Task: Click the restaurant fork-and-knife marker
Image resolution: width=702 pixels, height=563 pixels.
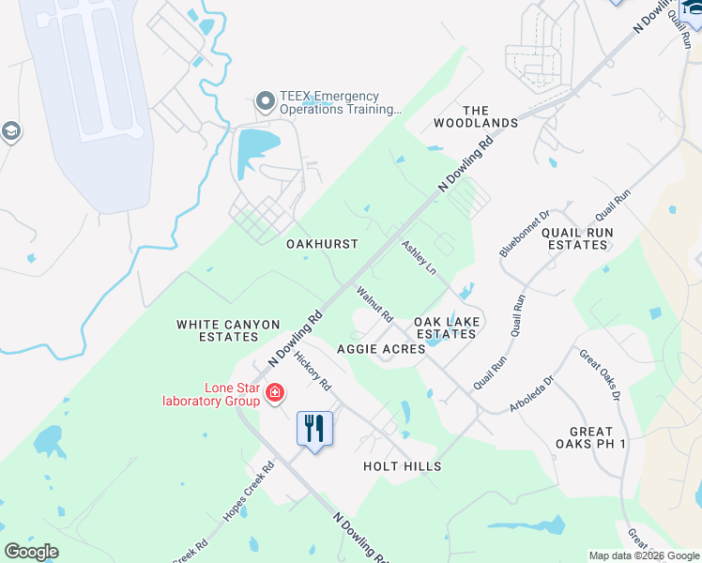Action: [314, 429]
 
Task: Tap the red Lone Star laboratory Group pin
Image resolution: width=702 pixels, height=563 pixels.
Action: [275, 392]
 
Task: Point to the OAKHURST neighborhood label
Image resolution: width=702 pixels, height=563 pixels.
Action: [322, 244]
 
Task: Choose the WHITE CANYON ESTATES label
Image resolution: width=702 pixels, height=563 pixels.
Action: [228, 330]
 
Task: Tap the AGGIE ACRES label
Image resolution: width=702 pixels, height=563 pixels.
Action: [374, 349]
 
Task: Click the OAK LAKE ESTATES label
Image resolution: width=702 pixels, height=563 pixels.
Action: [448, 327]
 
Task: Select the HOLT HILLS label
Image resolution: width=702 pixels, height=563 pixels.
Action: [402, 466]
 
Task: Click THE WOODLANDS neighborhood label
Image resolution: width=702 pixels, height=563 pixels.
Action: [476, 116]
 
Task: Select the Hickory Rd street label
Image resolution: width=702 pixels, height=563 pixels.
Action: [313, 371]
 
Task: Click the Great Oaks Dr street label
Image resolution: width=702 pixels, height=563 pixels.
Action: [600, 375]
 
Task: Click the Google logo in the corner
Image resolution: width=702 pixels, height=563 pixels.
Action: [31, 552]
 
